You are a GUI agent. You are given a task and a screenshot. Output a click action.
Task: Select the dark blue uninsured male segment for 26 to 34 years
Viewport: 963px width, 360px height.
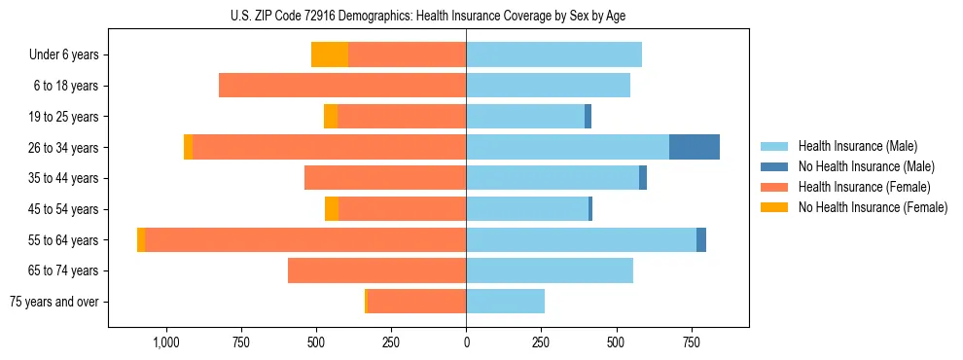(x=694, y=147)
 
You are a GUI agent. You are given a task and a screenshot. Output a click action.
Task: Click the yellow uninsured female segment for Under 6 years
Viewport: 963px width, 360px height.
(x=329, y=54)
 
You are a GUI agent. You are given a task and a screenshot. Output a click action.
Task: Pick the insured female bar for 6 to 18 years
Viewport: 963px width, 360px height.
(x=342, y=86)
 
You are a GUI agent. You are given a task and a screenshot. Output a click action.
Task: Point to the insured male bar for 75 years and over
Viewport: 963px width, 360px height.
(x=505, y=302)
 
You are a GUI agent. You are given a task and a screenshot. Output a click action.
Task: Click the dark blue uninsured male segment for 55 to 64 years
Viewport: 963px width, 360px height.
(x=701, y=239)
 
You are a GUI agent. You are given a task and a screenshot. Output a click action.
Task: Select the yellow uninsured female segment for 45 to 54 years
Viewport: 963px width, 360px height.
(x=332, y=209)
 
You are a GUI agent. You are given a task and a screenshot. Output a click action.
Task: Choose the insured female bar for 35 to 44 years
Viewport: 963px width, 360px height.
(x=385, y=178)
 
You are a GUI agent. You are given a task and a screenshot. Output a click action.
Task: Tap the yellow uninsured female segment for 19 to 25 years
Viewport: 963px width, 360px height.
(x=331, y=117)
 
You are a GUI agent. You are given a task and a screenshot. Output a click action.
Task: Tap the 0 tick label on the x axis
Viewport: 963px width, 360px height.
(x=466, y=342)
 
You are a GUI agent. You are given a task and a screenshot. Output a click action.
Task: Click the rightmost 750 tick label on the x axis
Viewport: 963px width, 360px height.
(x=691, y=342)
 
